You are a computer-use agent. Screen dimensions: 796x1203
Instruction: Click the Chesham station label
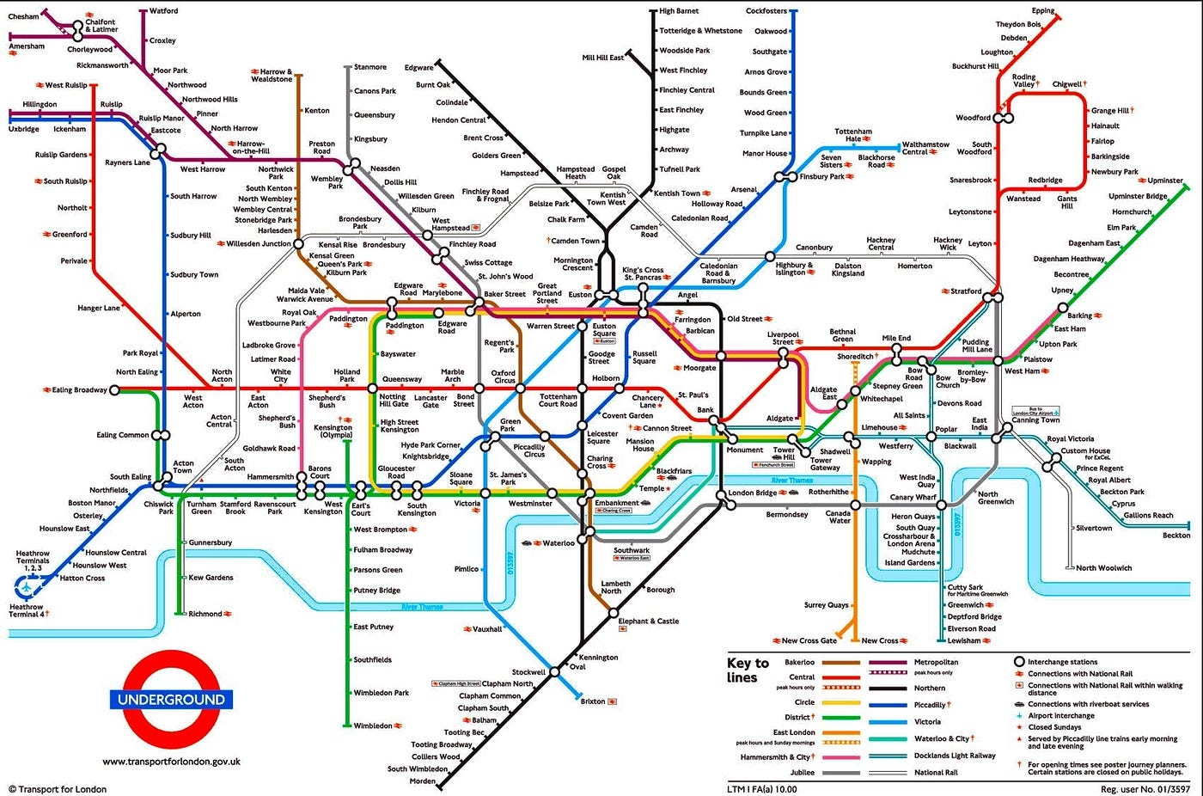[x=23, y=16]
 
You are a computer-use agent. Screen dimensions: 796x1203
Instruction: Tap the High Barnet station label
[x=679, y=11]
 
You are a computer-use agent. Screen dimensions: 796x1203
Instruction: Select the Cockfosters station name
[x=766, y=11]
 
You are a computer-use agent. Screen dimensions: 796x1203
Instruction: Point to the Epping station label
[x=1043, y=11]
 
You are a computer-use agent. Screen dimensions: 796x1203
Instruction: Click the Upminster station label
[x=1165, y=181]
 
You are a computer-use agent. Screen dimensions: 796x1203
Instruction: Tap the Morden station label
[x=422, y=781]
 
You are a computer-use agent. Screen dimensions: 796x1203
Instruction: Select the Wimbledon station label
[x=373, y=726]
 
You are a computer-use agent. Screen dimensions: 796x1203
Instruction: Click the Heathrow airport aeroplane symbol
[x=27, y=587]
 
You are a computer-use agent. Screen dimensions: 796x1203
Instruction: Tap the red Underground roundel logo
[x=171, y=699]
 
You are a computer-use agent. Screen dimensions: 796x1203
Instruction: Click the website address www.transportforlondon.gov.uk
[x=171, y=761]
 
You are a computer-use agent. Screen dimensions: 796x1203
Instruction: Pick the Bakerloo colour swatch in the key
[x=841, y=663]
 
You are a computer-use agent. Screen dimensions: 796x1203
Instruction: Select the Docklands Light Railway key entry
[x=955, y=756]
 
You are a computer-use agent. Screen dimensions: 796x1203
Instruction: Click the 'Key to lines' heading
[x=747, y=670]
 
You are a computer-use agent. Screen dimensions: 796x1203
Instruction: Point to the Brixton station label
[x=593, y=701]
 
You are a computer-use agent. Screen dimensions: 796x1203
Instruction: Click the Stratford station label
[x=966, y=291]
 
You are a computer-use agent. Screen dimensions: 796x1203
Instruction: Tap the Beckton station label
[x=1176, y=536]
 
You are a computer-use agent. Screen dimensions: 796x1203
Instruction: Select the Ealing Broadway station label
[x=79, y=390]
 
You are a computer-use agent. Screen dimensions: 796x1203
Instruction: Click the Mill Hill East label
[x=602, y=58]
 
